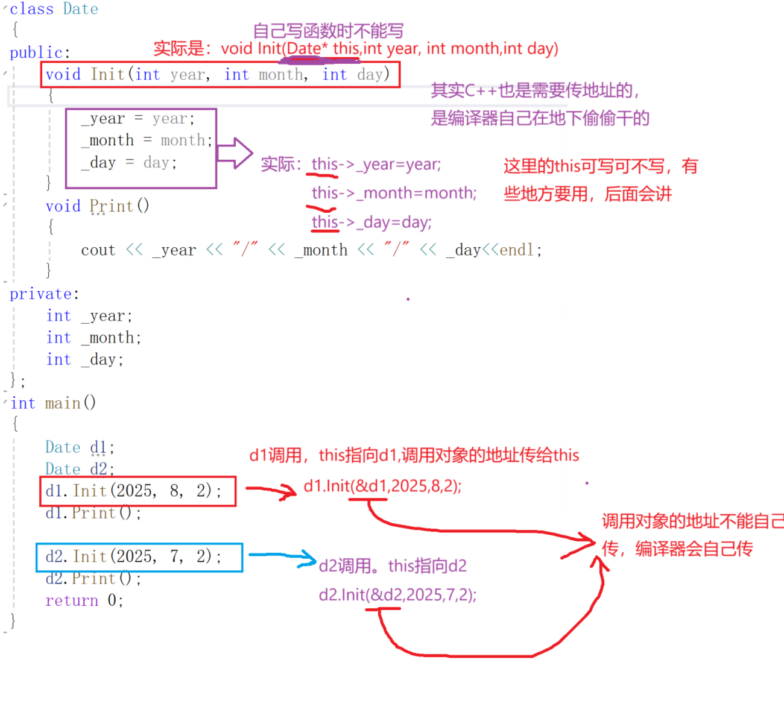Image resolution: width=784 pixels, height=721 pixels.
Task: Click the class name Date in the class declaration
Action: pos(80,9)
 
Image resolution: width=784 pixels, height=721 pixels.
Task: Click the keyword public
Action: pos(36,53)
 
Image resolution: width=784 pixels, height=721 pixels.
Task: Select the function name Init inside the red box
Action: pos(107,74)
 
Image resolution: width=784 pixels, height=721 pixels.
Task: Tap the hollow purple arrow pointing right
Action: pos(235,153)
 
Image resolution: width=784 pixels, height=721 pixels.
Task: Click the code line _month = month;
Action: pos(147,140)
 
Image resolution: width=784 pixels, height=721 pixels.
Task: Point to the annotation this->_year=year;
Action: pos(376,165)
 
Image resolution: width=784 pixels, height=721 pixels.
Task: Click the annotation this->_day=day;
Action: pos(371,222)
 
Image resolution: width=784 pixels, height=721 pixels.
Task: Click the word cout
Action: pos(98,250)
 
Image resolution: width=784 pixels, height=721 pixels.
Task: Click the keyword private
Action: pos(40,294)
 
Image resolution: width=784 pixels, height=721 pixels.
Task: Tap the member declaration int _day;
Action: pos(84,360)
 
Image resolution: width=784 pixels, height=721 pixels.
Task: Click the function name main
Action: pos(63,403)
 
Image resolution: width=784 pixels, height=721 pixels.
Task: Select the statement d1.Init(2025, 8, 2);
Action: pos(133,491)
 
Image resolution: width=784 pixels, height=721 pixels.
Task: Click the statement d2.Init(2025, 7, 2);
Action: pos(133,556)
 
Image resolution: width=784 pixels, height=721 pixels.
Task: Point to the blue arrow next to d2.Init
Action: pos(282,558)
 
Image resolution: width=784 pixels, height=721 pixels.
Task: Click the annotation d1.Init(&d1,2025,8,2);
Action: pos(382,486)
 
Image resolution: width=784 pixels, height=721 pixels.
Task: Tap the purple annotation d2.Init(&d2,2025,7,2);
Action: pos(397,595)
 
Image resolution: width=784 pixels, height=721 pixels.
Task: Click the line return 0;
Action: pos(84,601)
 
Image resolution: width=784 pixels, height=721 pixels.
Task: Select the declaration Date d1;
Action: pos(79,447)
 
